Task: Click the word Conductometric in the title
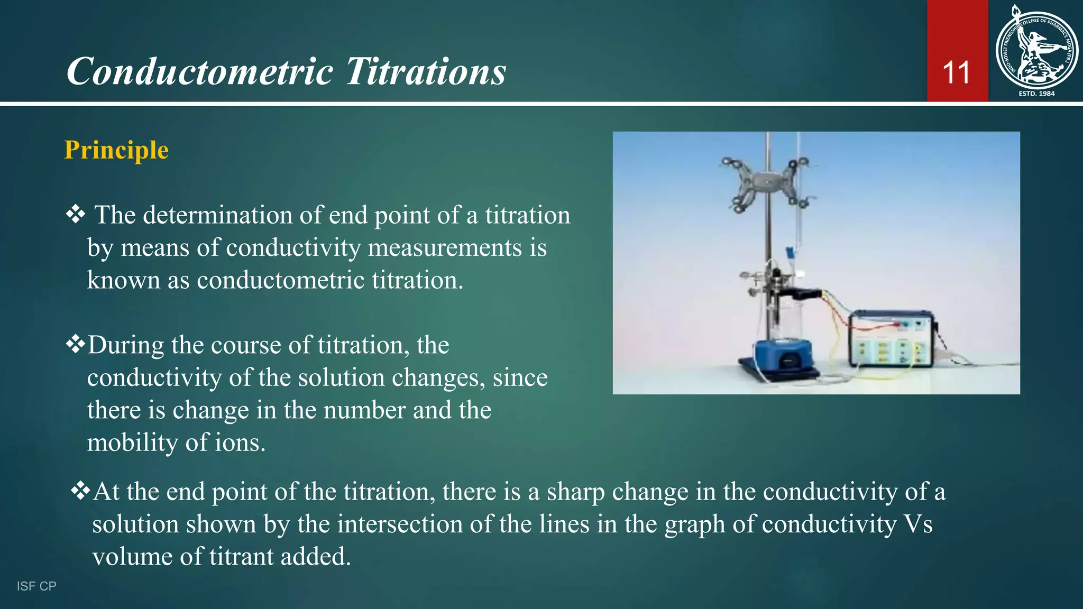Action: point(199,71)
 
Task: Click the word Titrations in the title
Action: point(426,71)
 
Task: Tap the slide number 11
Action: point(956,73)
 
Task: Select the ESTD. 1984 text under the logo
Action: point(1036,94)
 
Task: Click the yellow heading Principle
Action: point(116,150)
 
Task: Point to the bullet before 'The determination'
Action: point(76,214)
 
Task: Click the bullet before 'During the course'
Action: point(76,344)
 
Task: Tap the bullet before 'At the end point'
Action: point(80,491)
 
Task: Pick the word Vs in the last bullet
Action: point(918,524)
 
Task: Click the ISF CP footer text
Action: point(36,586)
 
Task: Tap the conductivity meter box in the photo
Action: point(891,339)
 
